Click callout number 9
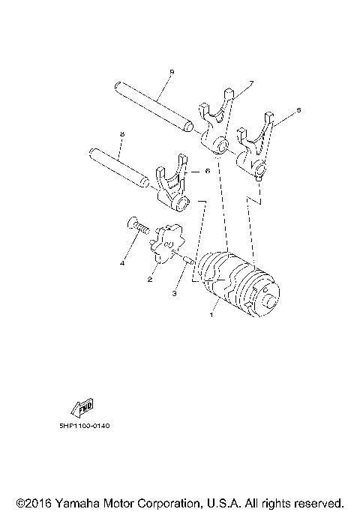coord(172,72)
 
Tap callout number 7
coord(251,84)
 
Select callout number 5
coord(298,110)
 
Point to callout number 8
coord(121,134)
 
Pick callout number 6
coord(208,171)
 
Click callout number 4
coord(122,263)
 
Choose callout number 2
coord(149,279)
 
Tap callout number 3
coord(174,294)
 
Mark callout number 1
coord(211,315)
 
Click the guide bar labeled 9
coord(154,106)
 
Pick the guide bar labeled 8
coord(119,168)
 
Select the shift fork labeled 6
coord(172,185)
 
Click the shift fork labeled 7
coord(216,122)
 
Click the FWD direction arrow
coord(83,408)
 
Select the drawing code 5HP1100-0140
coord(85,426)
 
